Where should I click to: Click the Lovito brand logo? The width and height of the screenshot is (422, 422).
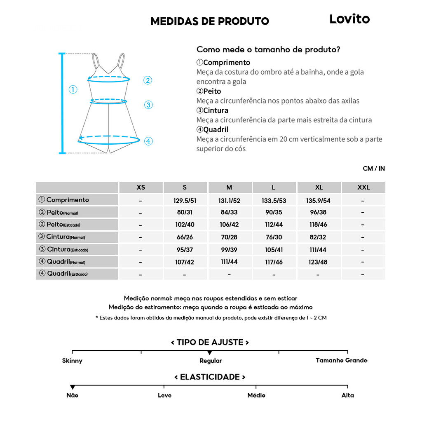click(349, 19)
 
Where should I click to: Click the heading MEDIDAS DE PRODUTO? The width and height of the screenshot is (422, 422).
click(210, 21)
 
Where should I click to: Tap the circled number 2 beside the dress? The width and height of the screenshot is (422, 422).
click(148, 80)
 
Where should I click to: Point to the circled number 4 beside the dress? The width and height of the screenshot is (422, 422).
click(148, 141)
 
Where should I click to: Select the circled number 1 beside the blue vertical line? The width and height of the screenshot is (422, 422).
click(73, 89)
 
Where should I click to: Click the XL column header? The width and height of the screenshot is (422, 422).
click(319, 188)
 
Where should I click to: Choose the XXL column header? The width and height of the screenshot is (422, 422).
click(363, 188)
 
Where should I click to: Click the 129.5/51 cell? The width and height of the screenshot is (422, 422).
click(185, 201)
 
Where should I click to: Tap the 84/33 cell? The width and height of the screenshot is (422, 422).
click(229, 213)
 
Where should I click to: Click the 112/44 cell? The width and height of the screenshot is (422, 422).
click(274, 225)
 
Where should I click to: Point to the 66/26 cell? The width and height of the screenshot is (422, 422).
click(185, 237)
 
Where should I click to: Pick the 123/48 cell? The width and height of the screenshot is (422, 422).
click(318, 262)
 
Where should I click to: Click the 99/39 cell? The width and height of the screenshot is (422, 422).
click(229, 250)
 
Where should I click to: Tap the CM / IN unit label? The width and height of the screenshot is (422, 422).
click(374, 169)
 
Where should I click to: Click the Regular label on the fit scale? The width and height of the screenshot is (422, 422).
click(211, 361)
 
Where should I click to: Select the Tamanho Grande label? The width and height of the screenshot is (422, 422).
click(341, 360)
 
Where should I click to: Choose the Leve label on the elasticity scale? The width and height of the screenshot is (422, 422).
click(164, 395)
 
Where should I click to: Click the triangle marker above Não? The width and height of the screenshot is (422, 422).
click(73, 387)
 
